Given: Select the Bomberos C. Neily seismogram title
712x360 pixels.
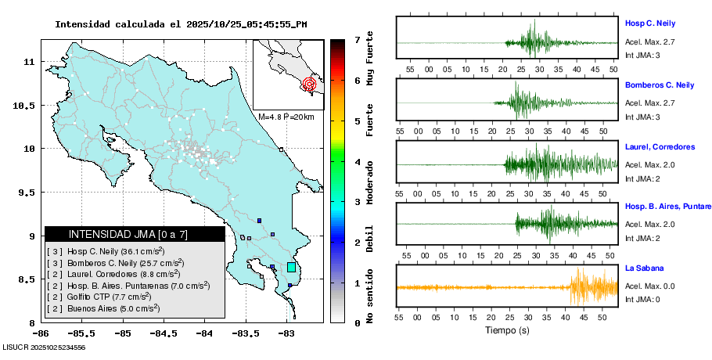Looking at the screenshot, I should click(x=660, y=85).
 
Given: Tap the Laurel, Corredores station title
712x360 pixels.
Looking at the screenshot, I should click(x=660, y=147).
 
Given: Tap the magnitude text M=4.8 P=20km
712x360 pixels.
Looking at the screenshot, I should click(x=286, y=117).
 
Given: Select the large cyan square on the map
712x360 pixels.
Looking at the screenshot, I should click(x=292, y=268).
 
